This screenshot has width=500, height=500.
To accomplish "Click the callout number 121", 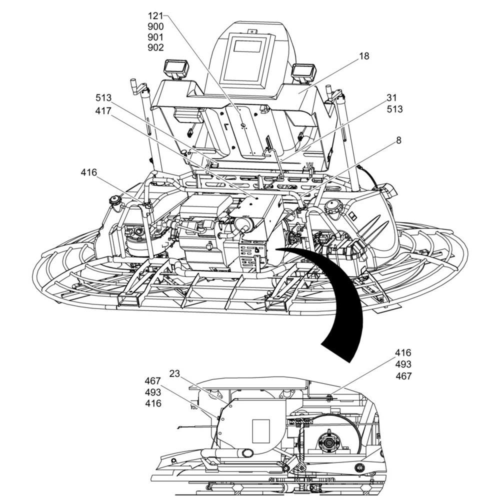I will point(155,15).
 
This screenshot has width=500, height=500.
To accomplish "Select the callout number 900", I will point(155,26).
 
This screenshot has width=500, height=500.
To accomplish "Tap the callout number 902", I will point(155,48).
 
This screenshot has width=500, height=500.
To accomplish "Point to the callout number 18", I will point(364,56).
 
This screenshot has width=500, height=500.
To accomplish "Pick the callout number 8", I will point(398,141).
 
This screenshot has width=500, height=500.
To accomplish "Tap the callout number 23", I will point(174,373).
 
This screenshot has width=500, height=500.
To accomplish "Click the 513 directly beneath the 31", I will point(394,109).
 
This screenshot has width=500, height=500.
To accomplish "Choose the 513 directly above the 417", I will point(103,97).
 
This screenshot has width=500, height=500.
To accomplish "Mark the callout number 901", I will point(155,37).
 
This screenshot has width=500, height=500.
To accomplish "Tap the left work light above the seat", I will point(176,68).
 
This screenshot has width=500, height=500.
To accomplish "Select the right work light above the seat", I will point(304,72).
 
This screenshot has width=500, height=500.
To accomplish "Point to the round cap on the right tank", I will point(332,206).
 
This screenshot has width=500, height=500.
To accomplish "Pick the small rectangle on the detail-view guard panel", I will point(261,430).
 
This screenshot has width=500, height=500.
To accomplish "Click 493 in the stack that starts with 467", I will point(153,392).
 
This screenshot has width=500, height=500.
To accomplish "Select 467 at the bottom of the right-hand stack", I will point(403,376).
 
